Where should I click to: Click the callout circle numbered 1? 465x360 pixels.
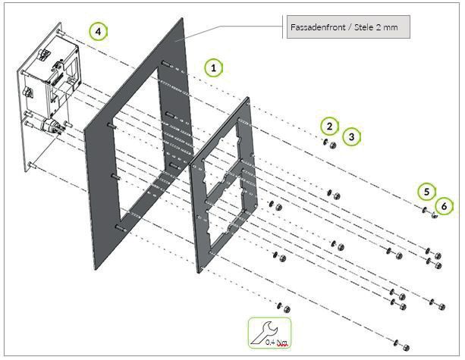click(x=213, y=68)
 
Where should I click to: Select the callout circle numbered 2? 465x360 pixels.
click(x=329, y=127)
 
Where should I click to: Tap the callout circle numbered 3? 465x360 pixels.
click(x=352, y=137)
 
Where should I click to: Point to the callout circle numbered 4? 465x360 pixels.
click(x=99, y=31)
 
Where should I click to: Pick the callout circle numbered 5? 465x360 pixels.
click(x=426, y=192)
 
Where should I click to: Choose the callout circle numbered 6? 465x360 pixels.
click(x=444, y=206)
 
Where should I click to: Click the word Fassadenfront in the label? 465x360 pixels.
click(x=318, y=27)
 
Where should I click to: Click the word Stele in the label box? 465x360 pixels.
click(x=364, y=27)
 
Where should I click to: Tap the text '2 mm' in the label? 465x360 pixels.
click(x=387, y=27)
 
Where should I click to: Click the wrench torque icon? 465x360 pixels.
click(x=269, y=333)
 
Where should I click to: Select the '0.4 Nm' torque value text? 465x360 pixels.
click(x=277, y=343)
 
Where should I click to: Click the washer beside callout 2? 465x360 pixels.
click(x=325, y=142)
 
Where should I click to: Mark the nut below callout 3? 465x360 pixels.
click(x=333, y=146)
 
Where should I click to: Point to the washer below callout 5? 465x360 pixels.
click(x=424, y=210)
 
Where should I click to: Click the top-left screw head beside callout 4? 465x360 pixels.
click(x=60, y=32)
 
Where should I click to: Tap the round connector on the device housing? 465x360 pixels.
click(x=49, y=124)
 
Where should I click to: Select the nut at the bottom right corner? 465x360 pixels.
click(x=407, y=348)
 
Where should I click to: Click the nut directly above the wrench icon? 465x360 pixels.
click(x=287, y=310)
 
